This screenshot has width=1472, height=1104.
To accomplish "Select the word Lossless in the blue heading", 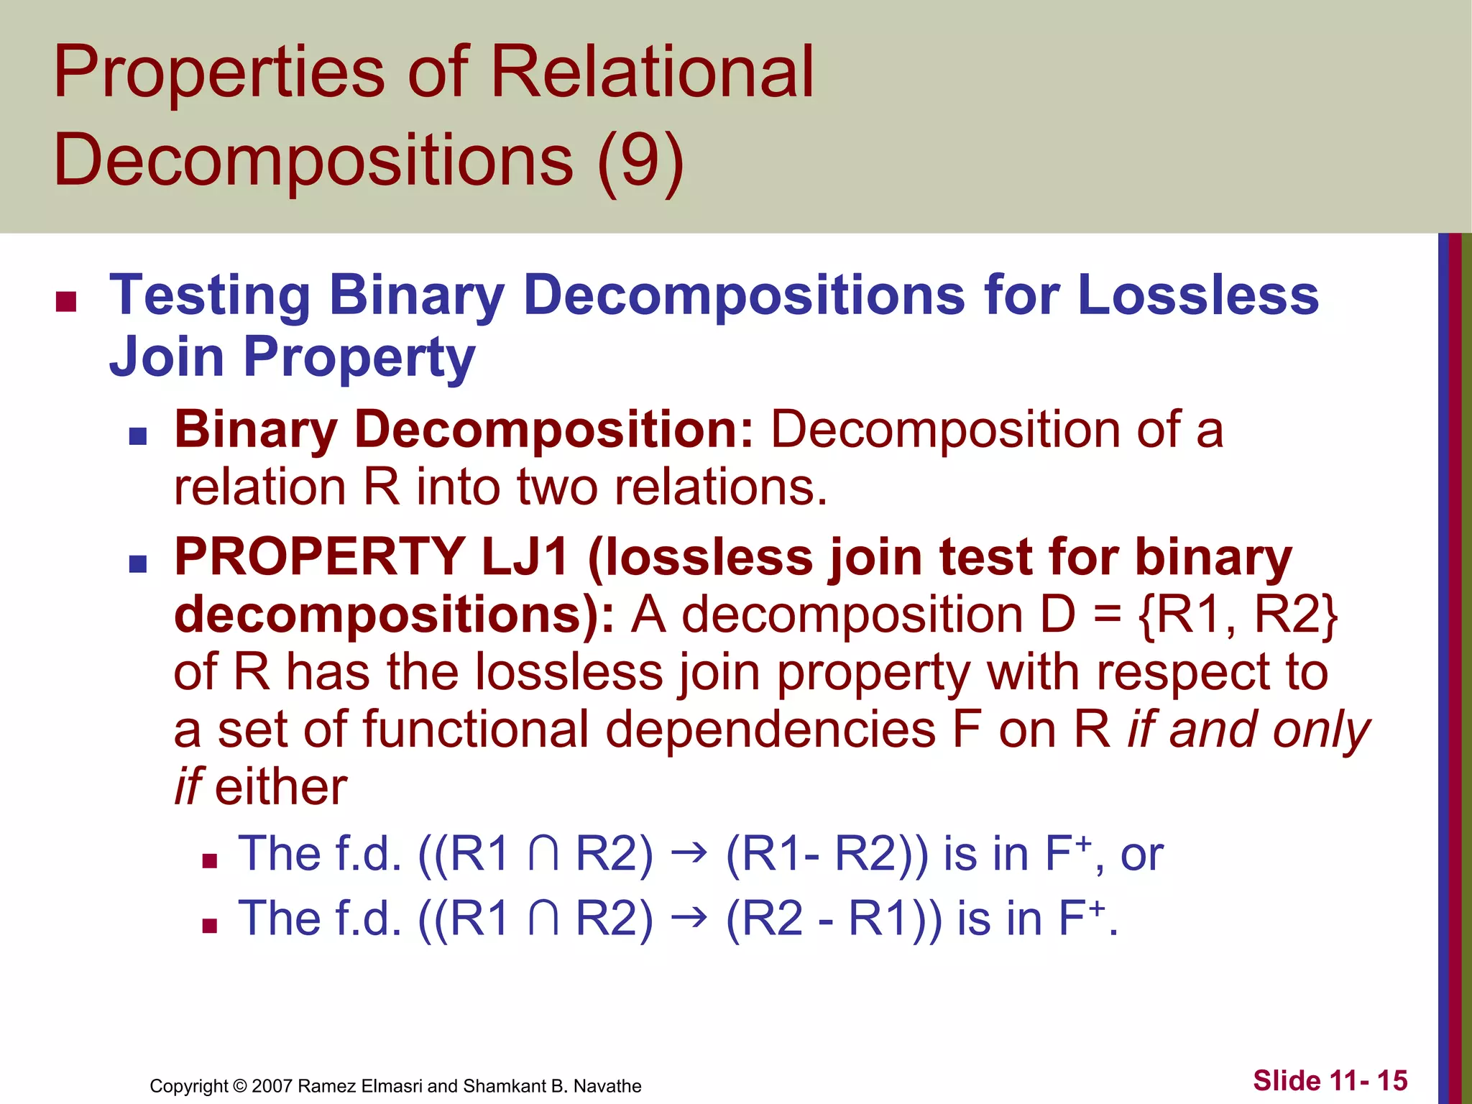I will tap(1198, 295).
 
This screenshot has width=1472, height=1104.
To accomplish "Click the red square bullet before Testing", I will tap(66, 302).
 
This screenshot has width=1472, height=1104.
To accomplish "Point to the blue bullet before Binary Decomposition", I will tap(137, 436).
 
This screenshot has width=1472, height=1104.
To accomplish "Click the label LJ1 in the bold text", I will tap(525, 557).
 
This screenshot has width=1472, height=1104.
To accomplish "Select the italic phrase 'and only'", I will tap(1270, 729).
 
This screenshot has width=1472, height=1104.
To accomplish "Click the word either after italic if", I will tap(281, 786).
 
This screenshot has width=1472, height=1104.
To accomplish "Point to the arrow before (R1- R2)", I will tap(689, 855).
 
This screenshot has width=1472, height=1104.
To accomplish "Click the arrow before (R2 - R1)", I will tap(689, 919).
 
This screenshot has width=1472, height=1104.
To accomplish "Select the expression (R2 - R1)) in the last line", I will tap(833, 919).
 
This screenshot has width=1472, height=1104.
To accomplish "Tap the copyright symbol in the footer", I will tap(239, 1086).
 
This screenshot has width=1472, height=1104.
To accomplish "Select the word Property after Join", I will tap(359, 357).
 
